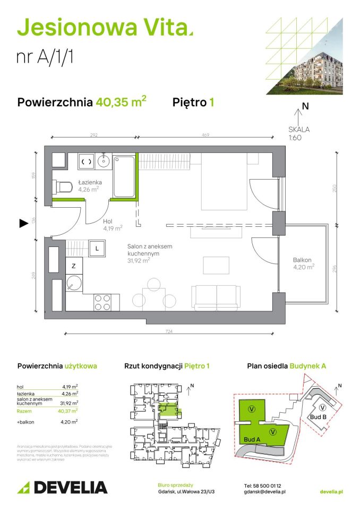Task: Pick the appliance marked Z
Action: (x=74, y=266)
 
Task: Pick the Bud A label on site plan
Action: (x=252, y=439)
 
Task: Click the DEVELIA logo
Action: (x=63, y=487)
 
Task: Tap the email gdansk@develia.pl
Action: (x=265, y=492)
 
